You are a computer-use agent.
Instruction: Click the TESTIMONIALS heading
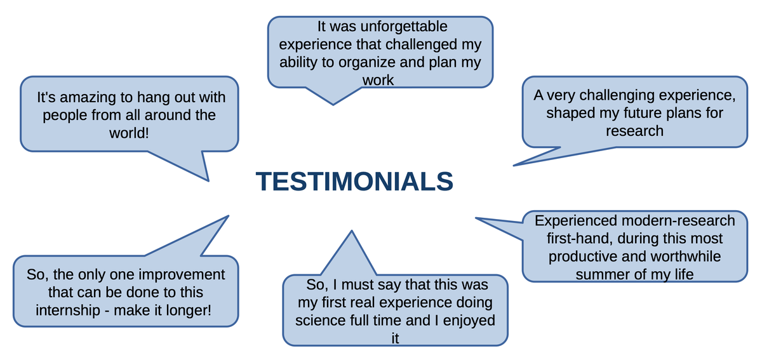coord(354,182)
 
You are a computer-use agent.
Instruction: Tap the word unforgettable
coord(404,27)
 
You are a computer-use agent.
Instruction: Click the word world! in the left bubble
coord(129,133)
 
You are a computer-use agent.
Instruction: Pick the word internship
coord(68,310)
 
